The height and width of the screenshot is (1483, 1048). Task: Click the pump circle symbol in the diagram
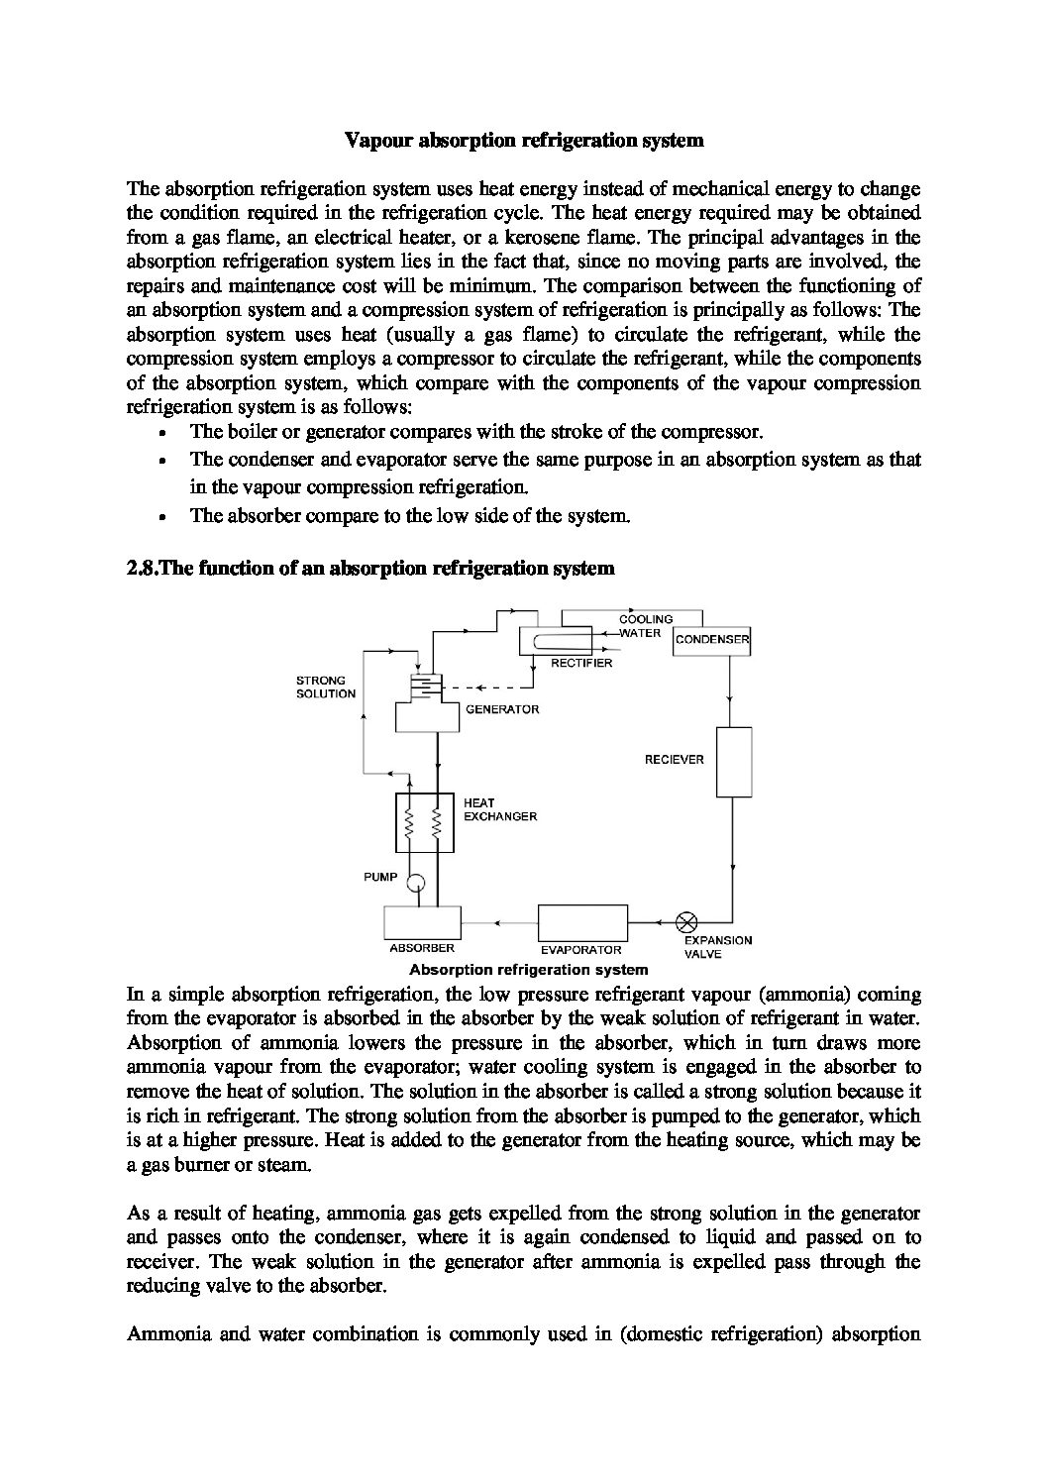[x=416, y=880]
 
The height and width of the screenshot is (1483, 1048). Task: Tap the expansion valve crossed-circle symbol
[x=685, y=921]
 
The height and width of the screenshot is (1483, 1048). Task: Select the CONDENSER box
[x=711, y=640]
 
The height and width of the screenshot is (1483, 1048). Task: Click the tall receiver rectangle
[x=734, y=762]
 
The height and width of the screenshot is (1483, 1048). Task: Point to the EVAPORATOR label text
[x=580, y=949]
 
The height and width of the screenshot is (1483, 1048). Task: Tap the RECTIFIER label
[x=581, y=663]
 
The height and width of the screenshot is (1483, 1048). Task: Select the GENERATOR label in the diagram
[x=502, y=709]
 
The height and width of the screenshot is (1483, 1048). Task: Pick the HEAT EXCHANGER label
[x=500, y=809]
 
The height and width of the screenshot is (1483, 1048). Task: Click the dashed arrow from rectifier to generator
[x=485, y=687]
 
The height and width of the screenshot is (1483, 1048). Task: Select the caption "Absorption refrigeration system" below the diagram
[x=528, y=970]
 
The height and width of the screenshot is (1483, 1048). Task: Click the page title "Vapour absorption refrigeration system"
[x=524, y=140]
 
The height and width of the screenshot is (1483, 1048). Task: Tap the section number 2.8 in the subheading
[x=144, y=568]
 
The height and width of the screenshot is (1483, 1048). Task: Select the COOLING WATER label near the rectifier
[x=645, y=626]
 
